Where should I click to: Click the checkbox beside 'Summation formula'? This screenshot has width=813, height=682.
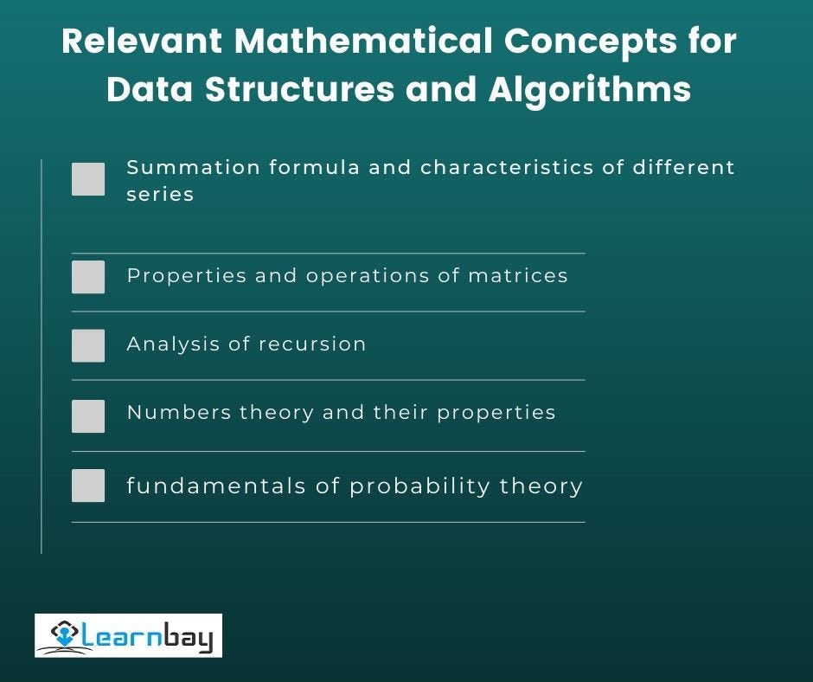point(88,179)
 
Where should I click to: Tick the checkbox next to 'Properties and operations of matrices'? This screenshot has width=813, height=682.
point(88,277)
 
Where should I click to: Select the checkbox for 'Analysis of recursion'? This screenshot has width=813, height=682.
point(88,345)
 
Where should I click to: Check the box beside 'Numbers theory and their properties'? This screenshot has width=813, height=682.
point(88,415)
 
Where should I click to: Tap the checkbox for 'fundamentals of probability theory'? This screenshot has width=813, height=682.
point(88,486)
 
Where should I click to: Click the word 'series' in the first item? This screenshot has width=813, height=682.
point(160,194)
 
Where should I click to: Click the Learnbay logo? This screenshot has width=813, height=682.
point(128,635)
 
